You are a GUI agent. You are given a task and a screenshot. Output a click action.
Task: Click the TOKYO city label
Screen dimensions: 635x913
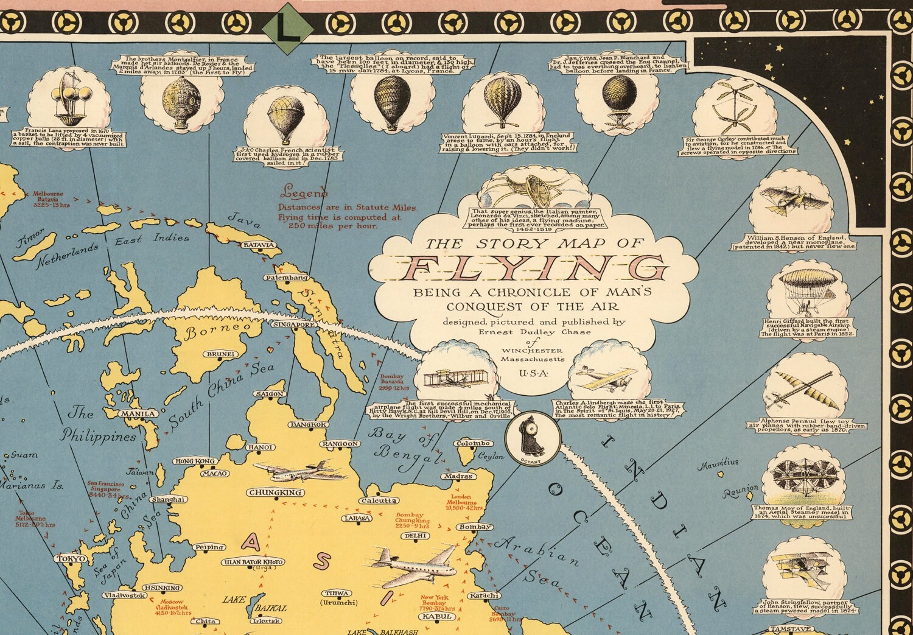(72, 559)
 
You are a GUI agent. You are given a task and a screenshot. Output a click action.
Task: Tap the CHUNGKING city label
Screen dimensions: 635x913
(275, 493)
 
